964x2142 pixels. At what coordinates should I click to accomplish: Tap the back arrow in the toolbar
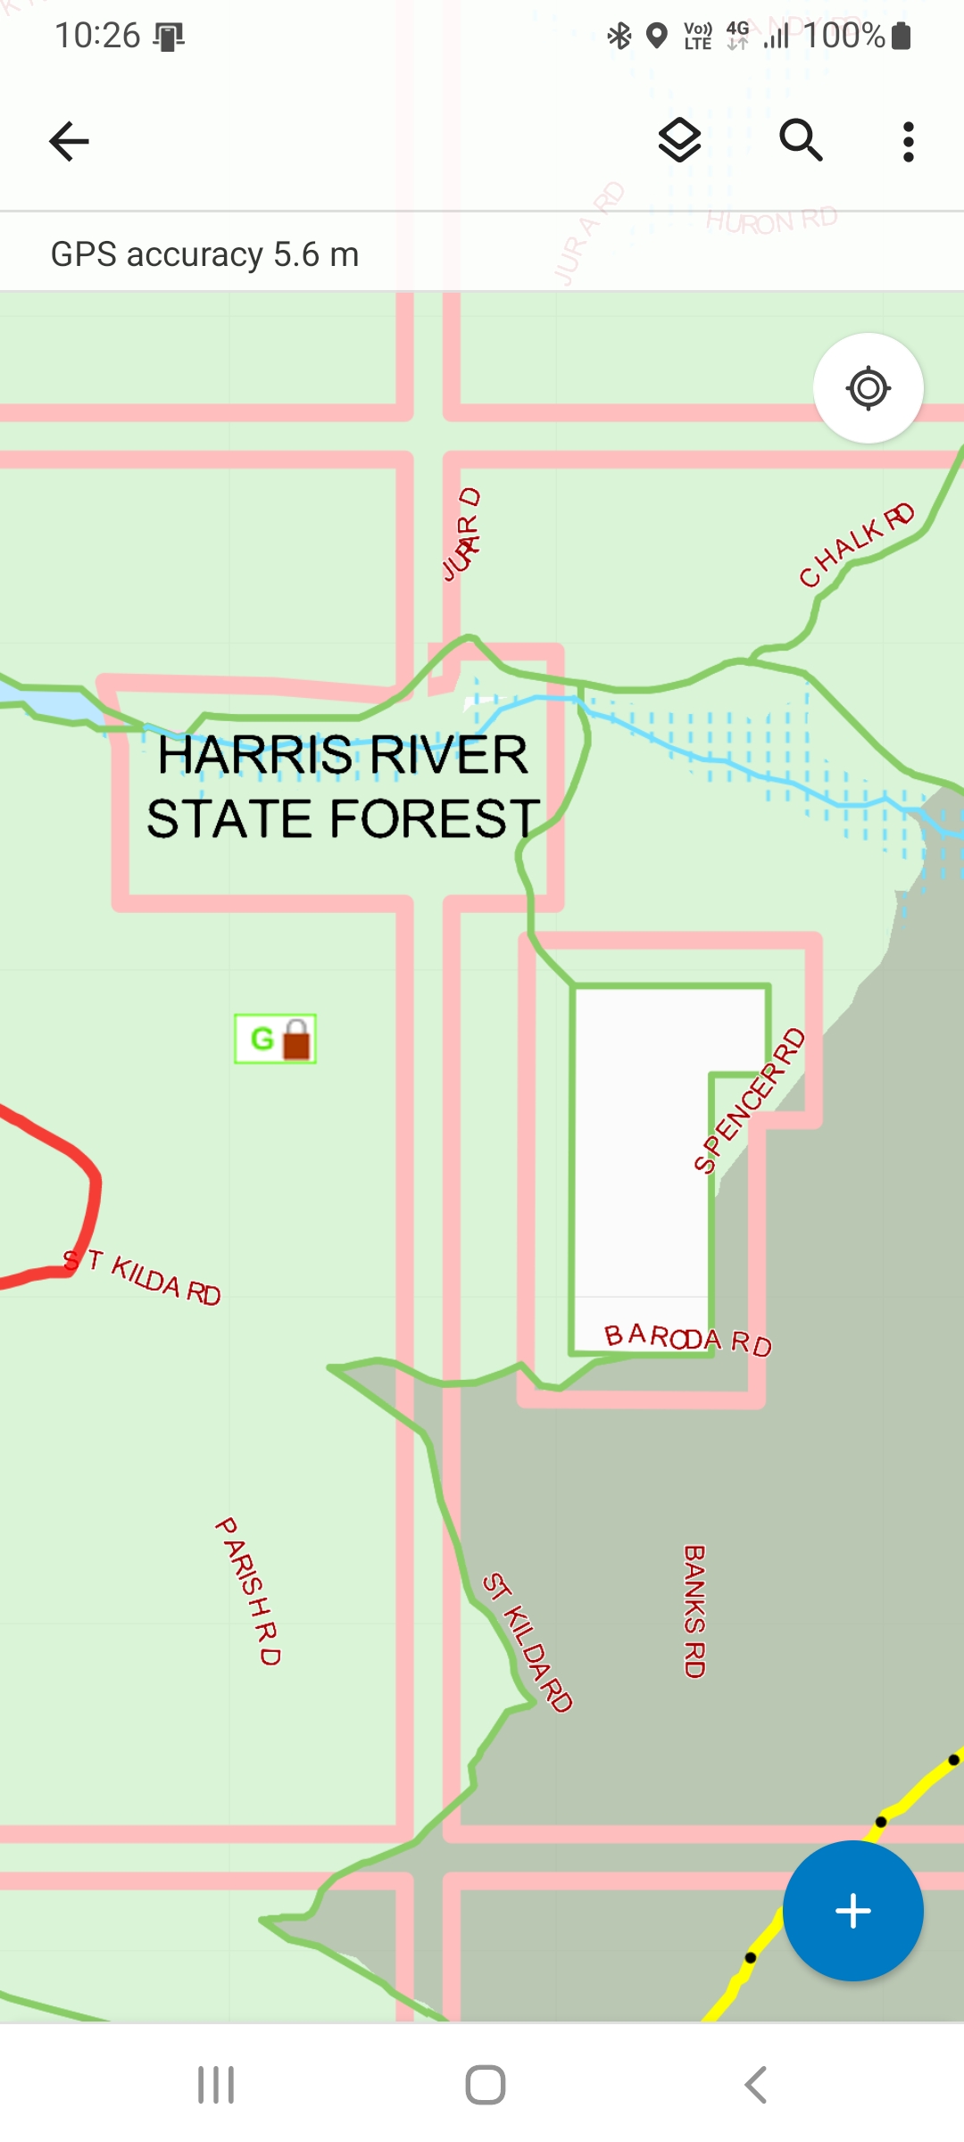click(x=69, y=141)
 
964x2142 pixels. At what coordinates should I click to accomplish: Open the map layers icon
click(x=679, y=140)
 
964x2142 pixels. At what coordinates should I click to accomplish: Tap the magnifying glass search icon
click(x=801, y=140)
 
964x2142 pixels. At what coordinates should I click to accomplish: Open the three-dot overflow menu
click(x=908, y=141)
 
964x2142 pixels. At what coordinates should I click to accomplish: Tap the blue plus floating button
click(x=852, y=1911)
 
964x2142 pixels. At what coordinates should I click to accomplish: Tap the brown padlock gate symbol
click(x=296, y=1040)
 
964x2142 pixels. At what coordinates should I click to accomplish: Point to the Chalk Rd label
click(x=856, y=544)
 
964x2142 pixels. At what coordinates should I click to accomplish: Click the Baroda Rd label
click(x=687, y=1339)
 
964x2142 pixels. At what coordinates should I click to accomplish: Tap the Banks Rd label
click(x=694, y=1611)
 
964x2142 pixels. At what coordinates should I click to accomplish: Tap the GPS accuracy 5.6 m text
click(x=204, y=254)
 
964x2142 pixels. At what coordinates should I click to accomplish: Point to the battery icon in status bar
click(x=902, y=36)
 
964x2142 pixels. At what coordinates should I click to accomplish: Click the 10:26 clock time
click(x=97, y=36)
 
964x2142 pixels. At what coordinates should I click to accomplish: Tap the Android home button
click(x=485, y=2085)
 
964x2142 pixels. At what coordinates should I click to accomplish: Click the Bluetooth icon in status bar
click(x=619, y=36)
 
